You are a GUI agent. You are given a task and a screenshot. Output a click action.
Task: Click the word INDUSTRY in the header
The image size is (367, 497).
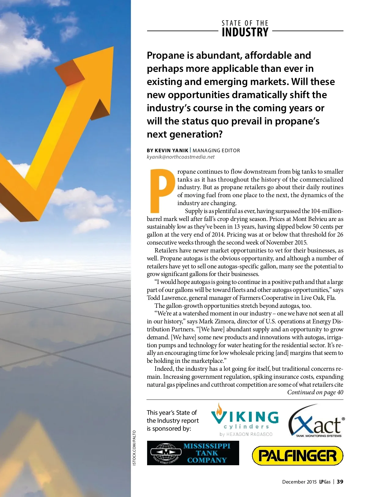pyautogui.click(x=245, y=32)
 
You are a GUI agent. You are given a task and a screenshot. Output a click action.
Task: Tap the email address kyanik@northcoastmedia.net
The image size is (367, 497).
pyautogui.click(x=180, y=157)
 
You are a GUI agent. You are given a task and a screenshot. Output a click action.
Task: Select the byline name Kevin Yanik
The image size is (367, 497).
pyautogui.click(x=172, y=150)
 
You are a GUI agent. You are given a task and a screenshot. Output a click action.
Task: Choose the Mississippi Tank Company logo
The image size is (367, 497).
pyautogui.click(x=193, y=453)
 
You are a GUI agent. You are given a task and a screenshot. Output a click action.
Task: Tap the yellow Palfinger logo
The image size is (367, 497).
pyautogui.click(x=297, y=455)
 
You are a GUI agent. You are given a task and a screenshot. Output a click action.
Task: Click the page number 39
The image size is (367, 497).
pyautogui.click(x=340, y=482)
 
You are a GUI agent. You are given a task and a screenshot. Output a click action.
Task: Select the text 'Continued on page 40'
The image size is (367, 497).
pyautogui.click(x=315, y=392)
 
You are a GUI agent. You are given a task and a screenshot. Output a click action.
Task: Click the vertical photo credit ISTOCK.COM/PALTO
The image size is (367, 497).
pyautogui.click(x=134, y=448)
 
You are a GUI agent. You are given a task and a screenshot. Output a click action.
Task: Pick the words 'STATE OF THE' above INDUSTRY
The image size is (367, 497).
pyautogui.click(x=245, y=23)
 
